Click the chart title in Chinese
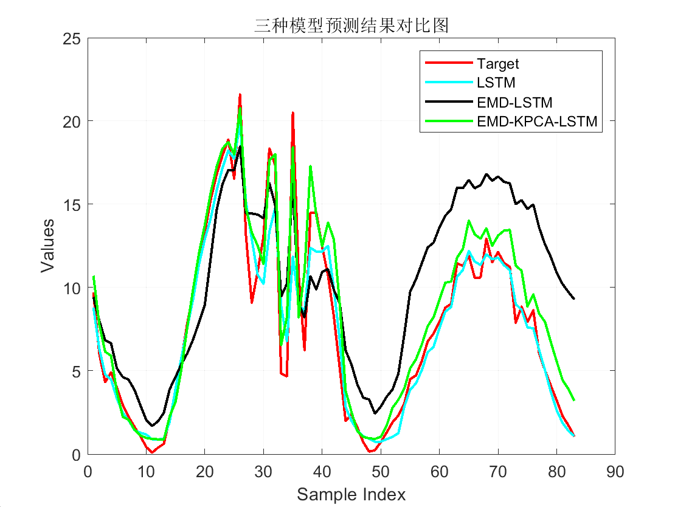351,25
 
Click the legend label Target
498,64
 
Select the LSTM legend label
496,83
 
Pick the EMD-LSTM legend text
514,103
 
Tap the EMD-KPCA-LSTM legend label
538,122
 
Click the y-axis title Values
49,246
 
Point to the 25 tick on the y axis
72,39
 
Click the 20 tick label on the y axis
72,122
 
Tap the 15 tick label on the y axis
72,205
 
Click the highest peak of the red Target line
240,95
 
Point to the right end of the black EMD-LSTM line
573,298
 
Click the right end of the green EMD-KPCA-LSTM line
573,400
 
